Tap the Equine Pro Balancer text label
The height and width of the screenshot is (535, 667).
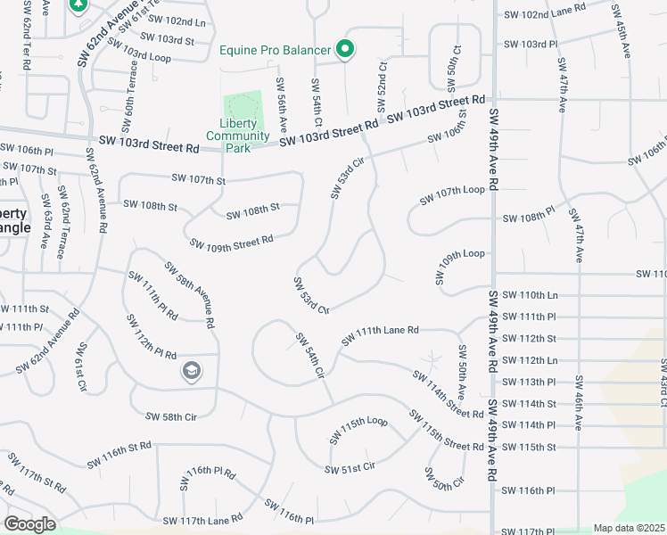coord(276,50)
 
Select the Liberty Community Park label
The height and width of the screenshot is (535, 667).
coord(238,136)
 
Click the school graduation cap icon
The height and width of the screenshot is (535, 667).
coord(190,371)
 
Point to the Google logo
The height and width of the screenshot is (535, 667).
coord(30,524)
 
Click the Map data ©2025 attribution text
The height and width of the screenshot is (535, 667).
coord(629,528)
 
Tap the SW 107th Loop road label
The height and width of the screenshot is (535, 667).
coord(457,191)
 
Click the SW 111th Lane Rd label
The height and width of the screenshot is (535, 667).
coord(380,335)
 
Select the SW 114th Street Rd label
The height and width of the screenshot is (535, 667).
coord(448,392)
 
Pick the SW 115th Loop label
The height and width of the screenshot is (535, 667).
coord(358,430)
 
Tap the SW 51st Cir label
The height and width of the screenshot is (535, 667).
coord(350,467)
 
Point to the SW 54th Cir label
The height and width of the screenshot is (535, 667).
coord(309,357)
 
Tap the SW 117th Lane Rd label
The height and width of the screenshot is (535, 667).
coord(202,520)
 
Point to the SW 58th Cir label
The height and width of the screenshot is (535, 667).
coord(169,416)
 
